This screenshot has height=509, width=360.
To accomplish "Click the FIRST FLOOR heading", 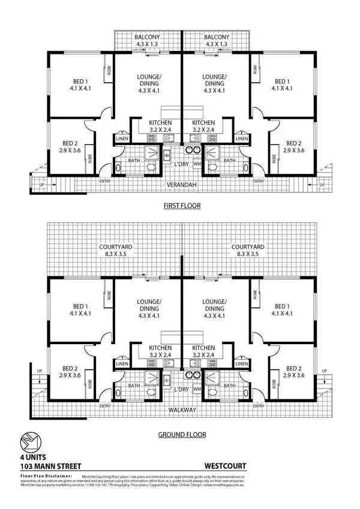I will tap(182, 206).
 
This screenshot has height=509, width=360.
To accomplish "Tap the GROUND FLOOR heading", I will tap(182, 435).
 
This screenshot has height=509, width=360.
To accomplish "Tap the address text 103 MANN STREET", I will tap(50, 466).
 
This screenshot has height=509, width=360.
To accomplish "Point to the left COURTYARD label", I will tap(116, 246).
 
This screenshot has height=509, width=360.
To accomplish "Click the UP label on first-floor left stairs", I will tap(41, 185).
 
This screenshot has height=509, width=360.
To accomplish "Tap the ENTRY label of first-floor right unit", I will tap(259, 181).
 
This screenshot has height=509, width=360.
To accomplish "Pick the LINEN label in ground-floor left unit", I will tap(122, 363).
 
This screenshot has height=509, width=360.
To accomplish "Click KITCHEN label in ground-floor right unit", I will tap(203, 348).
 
